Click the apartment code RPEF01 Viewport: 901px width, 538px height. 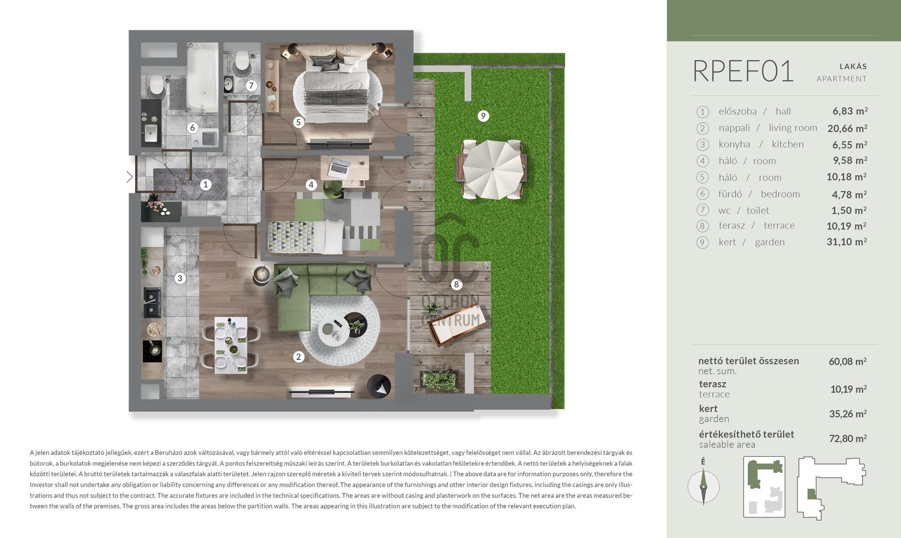(743, 71)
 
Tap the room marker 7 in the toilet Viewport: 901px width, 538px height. (251, 85)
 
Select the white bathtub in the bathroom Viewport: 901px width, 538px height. (203, 77)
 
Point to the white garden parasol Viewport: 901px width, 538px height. (492, 169)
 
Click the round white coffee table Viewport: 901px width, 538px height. (334, 329)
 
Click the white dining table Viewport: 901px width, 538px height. (231, 345)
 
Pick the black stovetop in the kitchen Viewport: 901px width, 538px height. (152, 351)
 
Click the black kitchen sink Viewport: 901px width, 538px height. (152, 302)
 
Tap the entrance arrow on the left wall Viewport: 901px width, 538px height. (130, 177)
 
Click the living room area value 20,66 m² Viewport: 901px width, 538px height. (847, 128)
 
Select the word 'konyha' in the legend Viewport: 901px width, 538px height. (734, 144)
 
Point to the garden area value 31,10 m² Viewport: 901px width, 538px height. (847, 242)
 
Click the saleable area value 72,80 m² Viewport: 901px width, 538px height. (848, 438)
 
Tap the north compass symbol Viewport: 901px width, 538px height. (703, 487)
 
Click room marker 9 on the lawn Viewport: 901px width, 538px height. (483, 116)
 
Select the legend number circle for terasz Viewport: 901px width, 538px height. (702, 226)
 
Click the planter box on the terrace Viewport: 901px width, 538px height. (440, 381)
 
